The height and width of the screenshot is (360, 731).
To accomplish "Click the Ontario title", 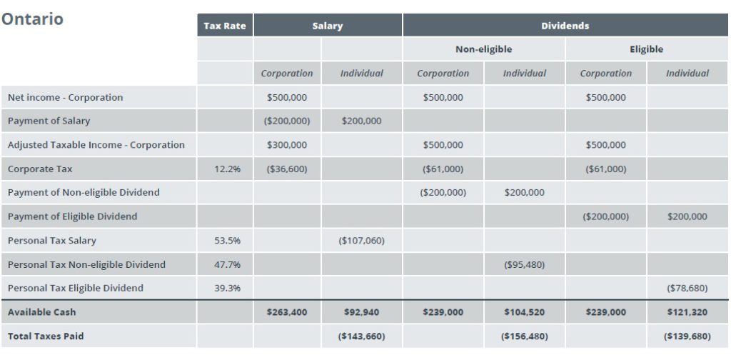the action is (32, 19).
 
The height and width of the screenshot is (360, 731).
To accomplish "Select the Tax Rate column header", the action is (225, 26).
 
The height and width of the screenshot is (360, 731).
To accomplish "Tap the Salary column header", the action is (327, 26).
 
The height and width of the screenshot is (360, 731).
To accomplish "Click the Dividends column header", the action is (565, 26).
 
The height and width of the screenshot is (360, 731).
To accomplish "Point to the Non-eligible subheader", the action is (483, 49).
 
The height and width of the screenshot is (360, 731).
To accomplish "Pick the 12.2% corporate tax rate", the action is (228, 169).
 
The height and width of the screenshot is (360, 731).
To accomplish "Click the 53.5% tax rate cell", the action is (228, 241).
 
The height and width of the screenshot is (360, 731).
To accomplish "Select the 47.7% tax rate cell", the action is (228, 264).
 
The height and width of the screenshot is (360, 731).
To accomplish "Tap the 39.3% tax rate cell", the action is (228, 288).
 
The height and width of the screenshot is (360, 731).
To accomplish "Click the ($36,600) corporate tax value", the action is (287, 169).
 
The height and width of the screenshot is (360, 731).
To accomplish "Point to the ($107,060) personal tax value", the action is (361, 241).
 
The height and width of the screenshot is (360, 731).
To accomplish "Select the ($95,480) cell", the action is (525, 264).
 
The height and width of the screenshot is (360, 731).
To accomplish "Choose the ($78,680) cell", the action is (687, 288).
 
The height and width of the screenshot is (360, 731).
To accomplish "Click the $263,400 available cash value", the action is (287, 312).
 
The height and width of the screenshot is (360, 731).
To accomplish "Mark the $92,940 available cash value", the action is (361, 312).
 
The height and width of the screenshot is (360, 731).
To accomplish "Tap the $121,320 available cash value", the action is (687, 312).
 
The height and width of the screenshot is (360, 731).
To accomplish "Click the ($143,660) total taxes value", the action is (361, 336).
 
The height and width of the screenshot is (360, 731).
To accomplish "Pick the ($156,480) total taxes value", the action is (525, 336).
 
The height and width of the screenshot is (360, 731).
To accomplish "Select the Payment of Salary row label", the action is (49, 121).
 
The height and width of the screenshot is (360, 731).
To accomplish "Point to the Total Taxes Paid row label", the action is (46, 336).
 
